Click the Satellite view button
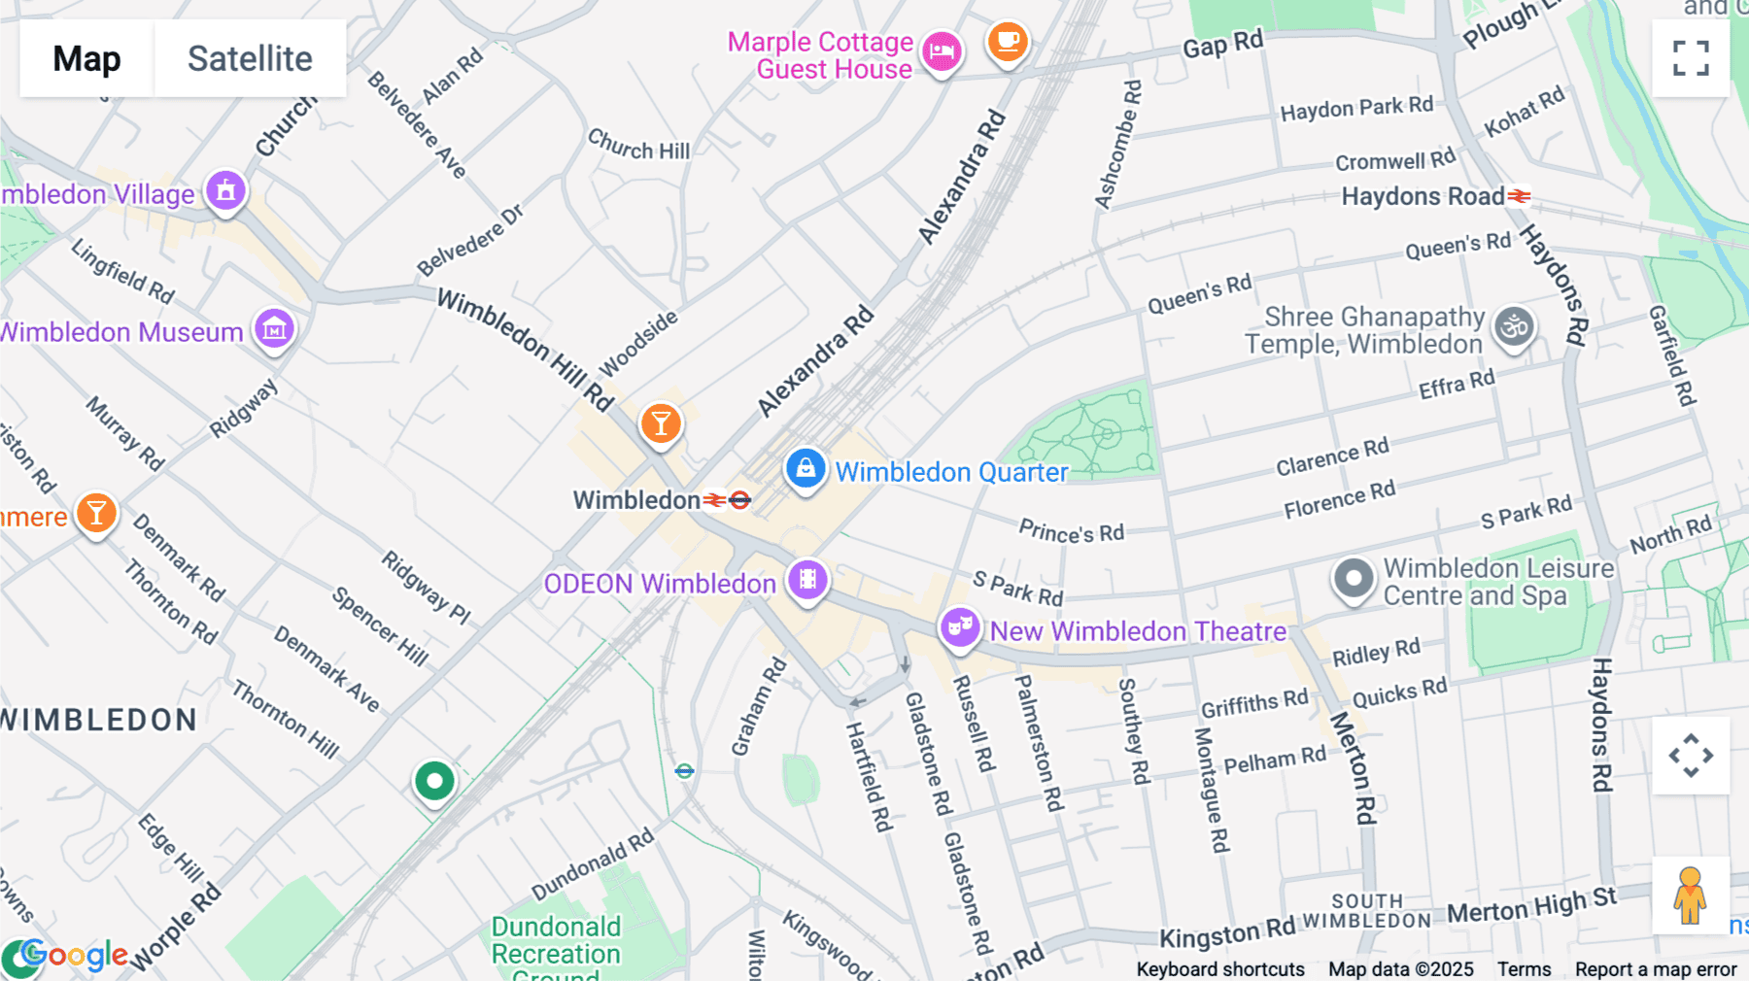(x=250, y=58)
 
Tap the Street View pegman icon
(x=1690, y=896)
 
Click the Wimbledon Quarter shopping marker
(x=806, y=469)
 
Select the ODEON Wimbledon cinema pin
(x=807, y=580)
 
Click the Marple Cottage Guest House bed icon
(x=942, y=51)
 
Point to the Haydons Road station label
(x=1423, y=196)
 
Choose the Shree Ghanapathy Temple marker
(x=1514, y=326)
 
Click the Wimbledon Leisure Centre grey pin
(x=1354, y=579)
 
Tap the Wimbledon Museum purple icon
(x=275, y=330)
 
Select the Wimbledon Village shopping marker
(x=226, y=190)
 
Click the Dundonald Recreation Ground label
(x=556, y=940)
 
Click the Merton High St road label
(x=1531, y=906)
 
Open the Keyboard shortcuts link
(x=1220, y=969)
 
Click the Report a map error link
(x=1656, y=969)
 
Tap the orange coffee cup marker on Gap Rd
(x=1008, y=42)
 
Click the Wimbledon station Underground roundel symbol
(x=740, y=500)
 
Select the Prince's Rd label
(x=1071, y=531)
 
